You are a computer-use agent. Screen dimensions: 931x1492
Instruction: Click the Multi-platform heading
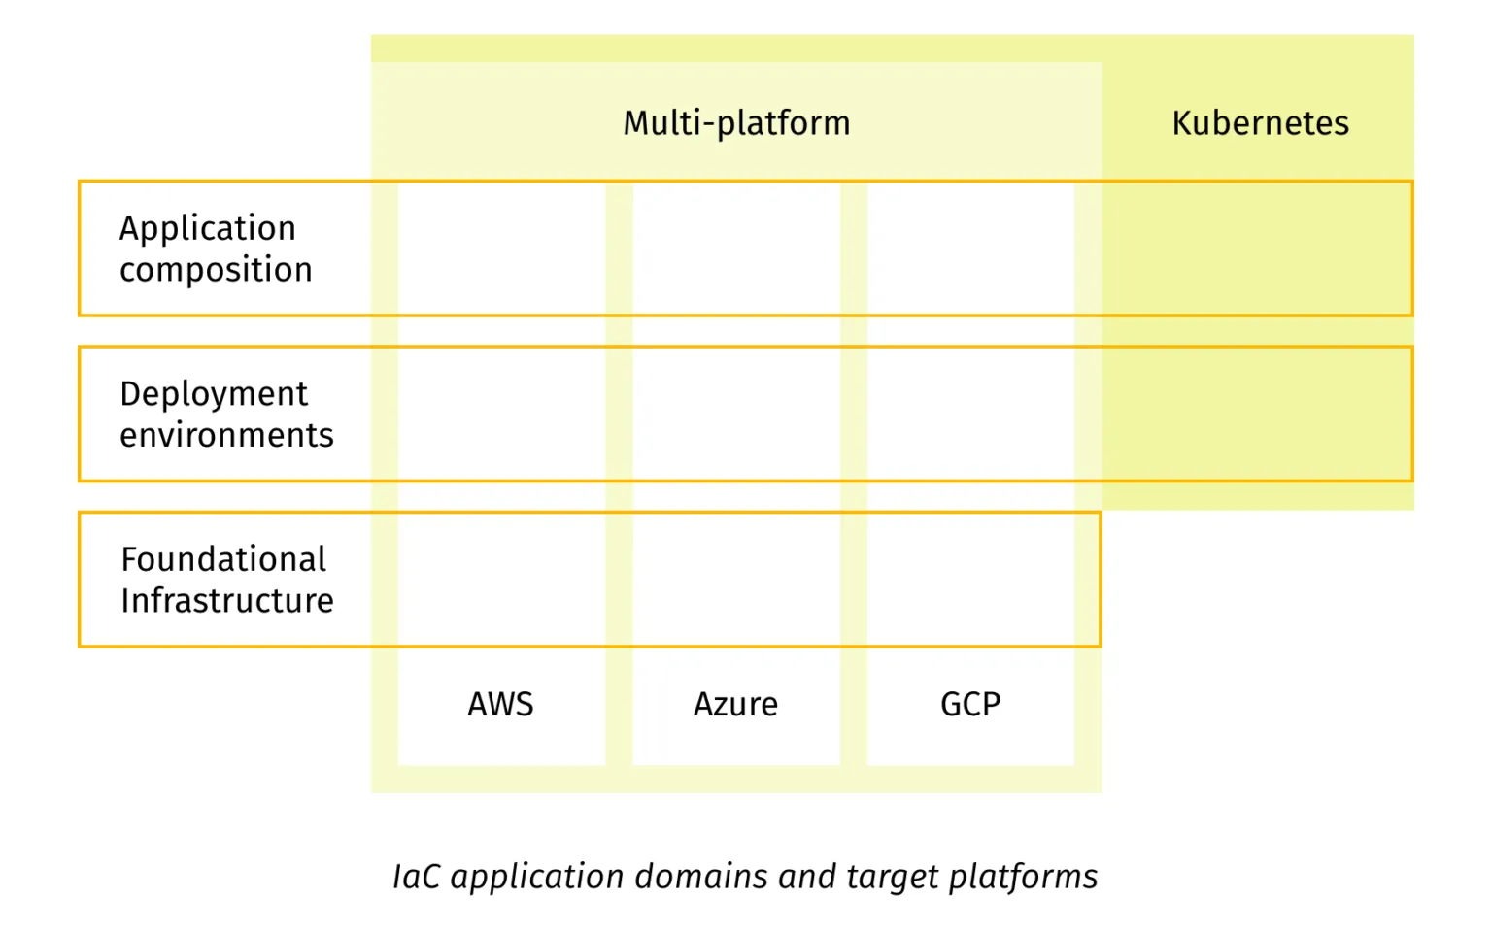point(736,123)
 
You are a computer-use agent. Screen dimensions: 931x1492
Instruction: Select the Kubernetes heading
point(1260,123)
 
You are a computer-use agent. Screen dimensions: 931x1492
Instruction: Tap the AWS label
point(500,704)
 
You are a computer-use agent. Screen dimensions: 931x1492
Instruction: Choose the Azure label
point(735,704)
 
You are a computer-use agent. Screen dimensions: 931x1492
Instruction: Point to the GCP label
point(970,704)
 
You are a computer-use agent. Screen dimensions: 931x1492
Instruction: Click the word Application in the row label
point(207,229)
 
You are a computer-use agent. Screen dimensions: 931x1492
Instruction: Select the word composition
point(216,270)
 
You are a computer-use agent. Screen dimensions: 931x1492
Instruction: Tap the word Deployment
point(214,394)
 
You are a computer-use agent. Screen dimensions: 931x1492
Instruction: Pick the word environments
point(226,435)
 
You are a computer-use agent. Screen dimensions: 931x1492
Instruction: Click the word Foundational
point(223,559)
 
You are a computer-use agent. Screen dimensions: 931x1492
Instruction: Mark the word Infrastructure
point(227,601)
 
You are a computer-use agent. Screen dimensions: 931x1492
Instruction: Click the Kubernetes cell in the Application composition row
point(1257,249)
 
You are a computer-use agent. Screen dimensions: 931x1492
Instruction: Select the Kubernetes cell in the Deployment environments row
point(1257,414)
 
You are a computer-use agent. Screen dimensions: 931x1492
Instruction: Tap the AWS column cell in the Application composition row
point(501,249)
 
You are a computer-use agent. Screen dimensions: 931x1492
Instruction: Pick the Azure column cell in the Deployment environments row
point(736,414)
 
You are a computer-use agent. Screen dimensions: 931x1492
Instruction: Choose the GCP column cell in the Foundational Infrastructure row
point(970,580)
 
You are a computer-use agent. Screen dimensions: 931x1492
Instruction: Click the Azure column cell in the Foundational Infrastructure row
point(736,580)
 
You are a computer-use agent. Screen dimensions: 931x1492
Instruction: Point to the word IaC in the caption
point(417,877)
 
